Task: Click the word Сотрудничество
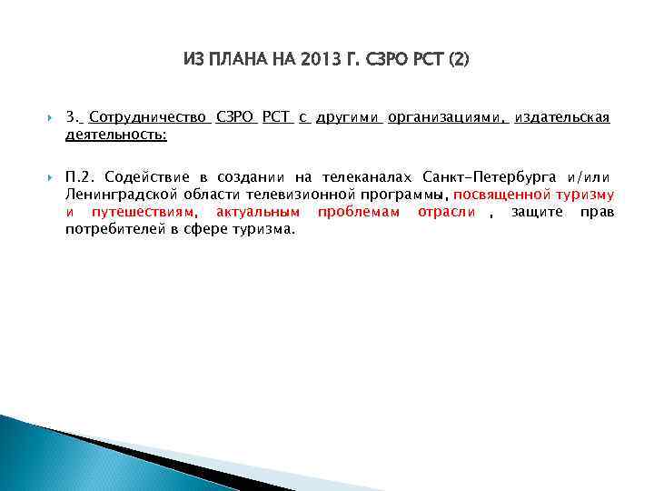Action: pyautogui.click(x=150, y=118)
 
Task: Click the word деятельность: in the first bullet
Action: pyautogui.click(x=115, y=135)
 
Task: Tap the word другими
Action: pyautogui.click(x=348, y=118)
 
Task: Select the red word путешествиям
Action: pyautogui.click(x=144, y=212)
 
